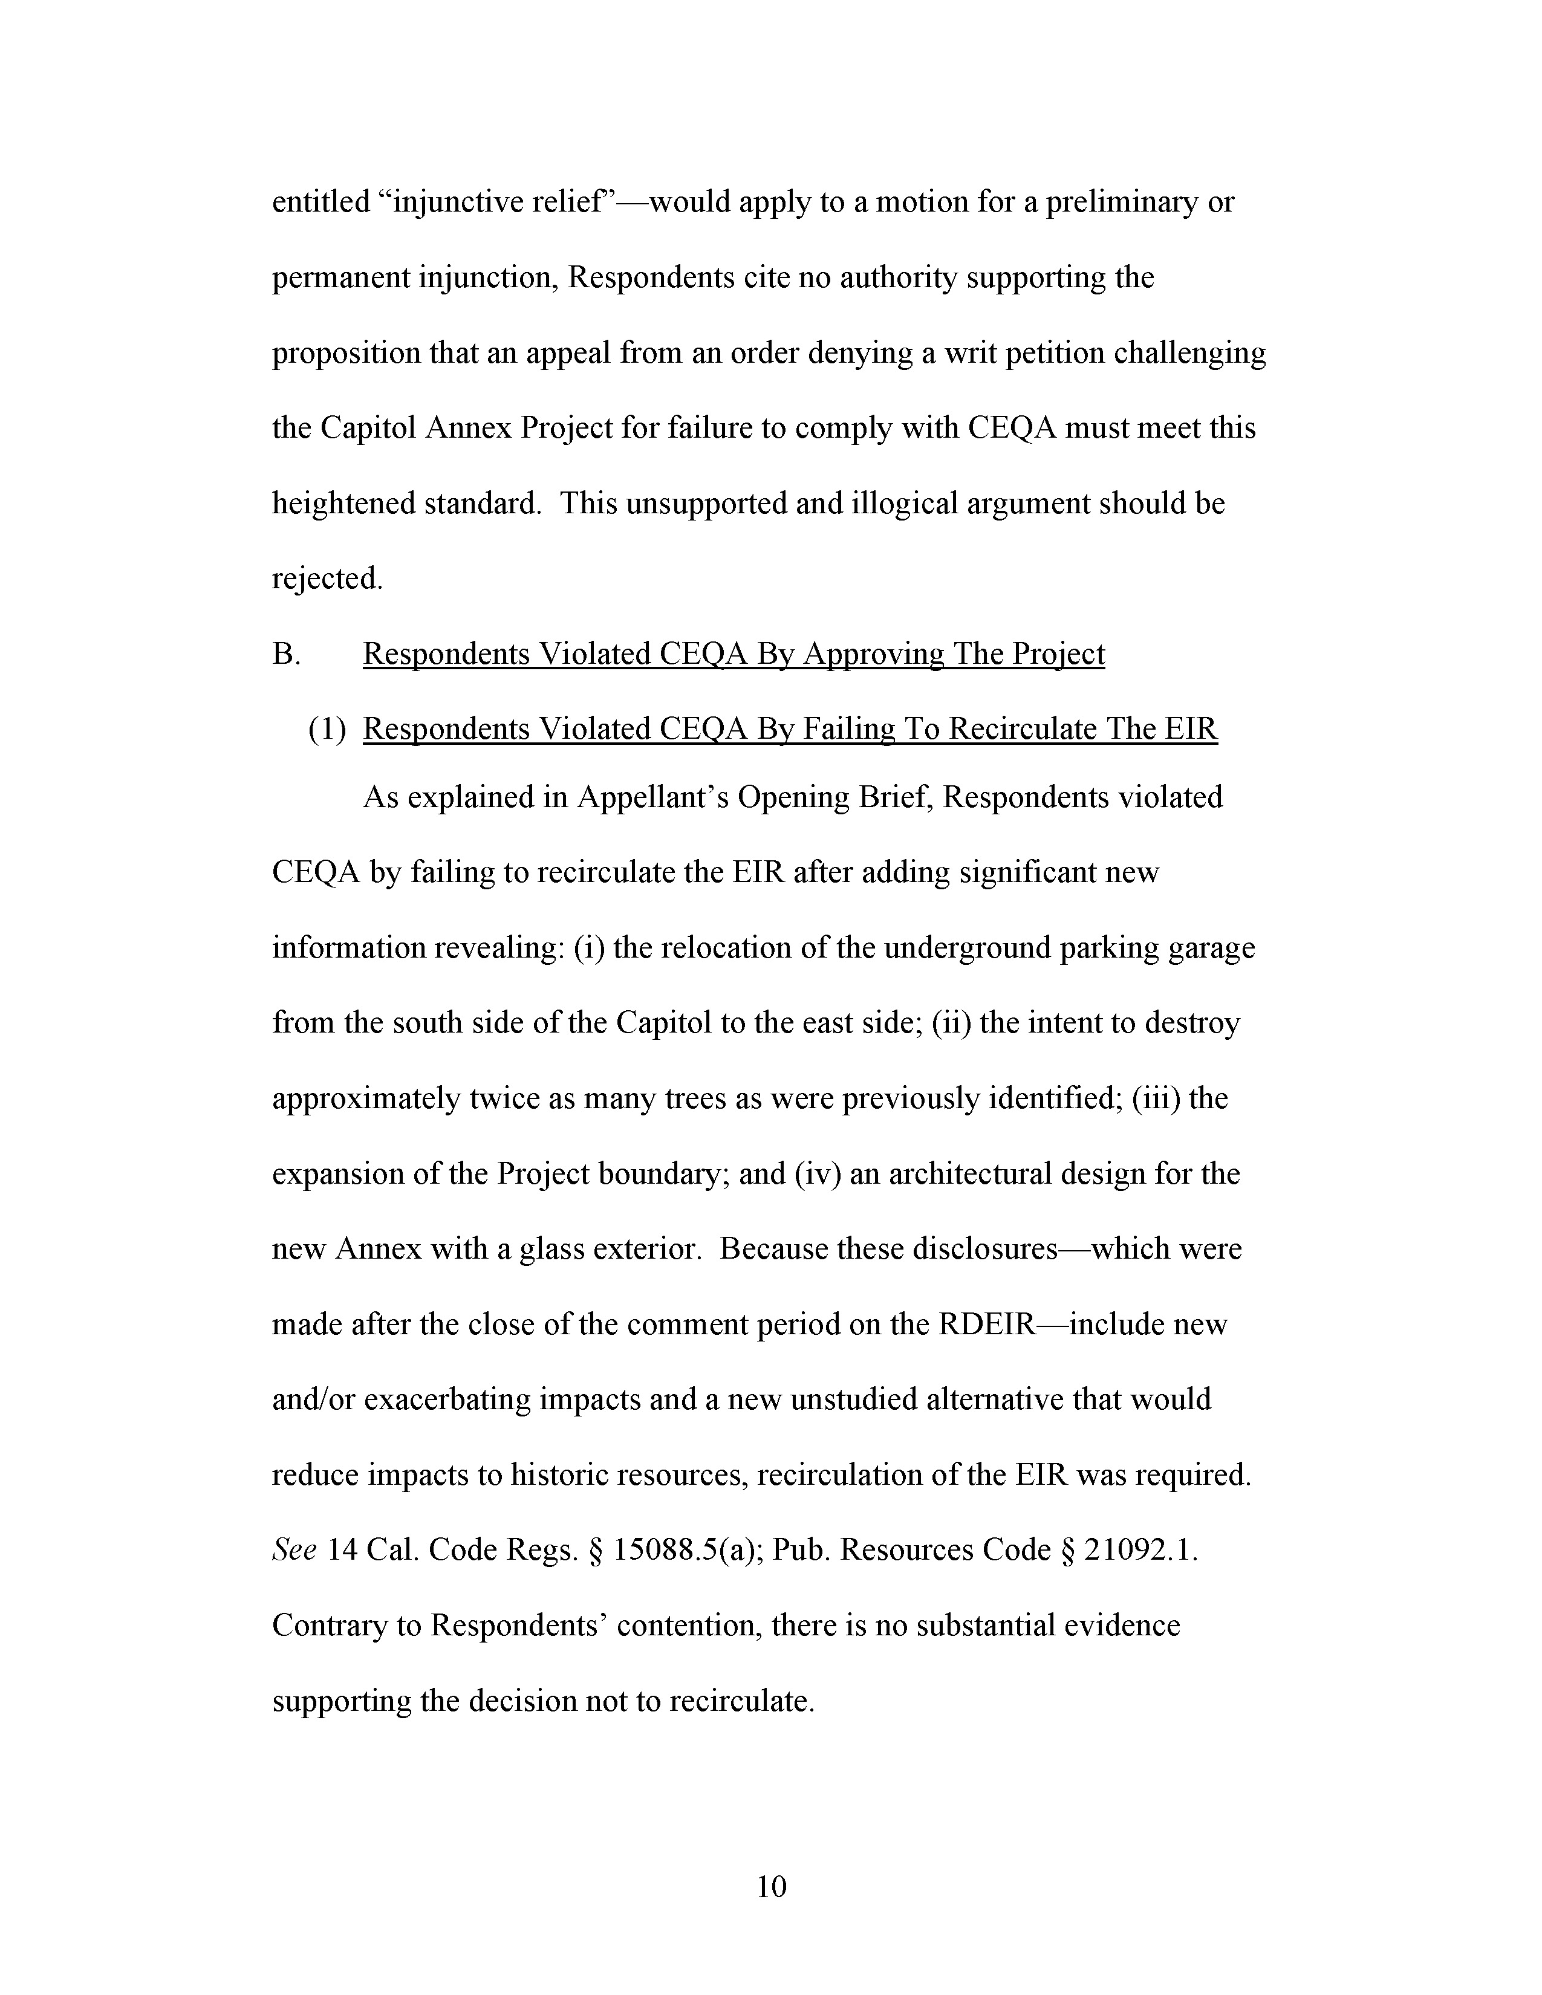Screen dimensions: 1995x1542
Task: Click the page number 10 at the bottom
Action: pyautogui.click(x=771, y=1886)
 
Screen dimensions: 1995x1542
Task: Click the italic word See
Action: pyautogui.click(x=294, y=1550)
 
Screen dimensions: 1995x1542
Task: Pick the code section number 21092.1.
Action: pyautogui.click(x=1140, y=1550)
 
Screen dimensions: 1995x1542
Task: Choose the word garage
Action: pyautogui.click(x=1211, y=947)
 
